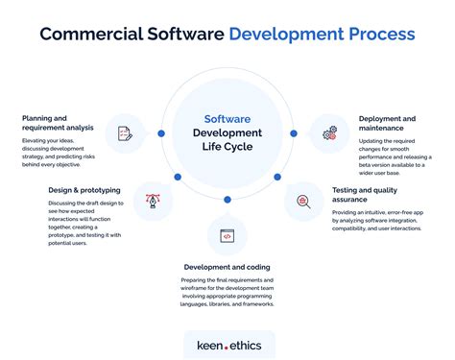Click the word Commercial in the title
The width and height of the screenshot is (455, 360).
click(x=89, y=35)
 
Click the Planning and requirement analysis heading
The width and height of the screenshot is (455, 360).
click(x=58, y=124)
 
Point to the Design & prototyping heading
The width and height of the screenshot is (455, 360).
click(x=84, y=190)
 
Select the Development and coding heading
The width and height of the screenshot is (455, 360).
click(x=227, y=266)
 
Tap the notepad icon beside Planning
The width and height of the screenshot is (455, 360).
click(x=124, y=133)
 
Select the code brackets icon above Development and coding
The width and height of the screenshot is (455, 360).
click(x=227, y=235)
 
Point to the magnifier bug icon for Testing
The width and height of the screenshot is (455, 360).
click(x=302, y=202)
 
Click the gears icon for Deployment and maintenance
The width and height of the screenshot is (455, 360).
click(x=330, y=133)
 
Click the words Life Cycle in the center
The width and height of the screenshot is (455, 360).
click(x=227, y=149)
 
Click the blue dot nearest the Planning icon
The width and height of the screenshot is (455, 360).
click(x=161, y=133)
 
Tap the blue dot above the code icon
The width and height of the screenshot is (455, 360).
click(x=227, y=199)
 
